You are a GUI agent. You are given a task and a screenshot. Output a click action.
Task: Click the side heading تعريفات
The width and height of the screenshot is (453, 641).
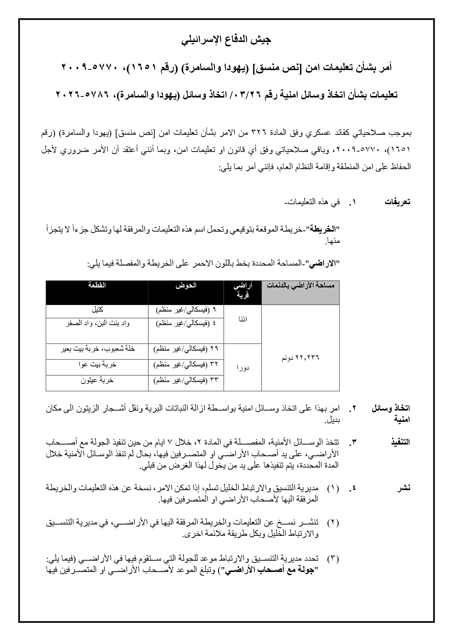tap(397, 202)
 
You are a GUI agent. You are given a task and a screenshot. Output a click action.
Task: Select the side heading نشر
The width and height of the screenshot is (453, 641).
tap(404, 488)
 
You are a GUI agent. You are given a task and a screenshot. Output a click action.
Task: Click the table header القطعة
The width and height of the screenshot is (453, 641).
tap(97, 285)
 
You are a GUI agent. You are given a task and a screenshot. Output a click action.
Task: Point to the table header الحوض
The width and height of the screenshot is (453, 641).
tap(186, 285)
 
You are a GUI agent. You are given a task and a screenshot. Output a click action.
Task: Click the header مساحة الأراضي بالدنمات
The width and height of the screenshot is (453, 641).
tap(300, 286)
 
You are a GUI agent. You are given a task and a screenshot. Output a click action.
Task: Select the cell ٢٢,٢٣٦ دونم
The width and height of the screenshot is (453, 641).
tap(300, 358)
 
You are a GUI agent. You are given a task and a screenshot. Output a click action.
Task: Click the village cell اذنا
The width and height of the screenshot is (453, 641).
tap(242, 319)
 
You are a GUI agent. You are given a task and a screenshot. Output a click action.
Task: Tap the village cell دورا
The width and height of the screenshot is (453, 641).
tap(242, 367)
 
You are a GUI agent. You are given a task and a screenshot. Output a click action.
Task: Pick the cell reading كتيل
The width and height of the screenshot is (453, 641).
tap(97, 310)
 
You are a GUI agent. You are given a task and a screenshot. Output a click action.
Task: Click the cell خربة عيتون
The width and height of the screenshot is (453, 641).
tap(97, 380)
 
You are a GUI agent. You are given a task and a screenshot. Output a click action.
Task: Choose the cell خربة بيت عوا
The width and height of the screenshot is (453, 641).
tap(97, 364)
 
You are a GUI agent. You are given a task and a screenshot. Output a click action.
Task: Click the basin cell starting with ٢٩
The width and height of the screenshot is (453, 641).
tap(186, 349)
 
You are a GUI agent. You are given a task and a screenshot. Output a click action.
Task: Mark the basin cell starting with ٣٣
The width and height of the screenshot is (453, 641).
tap(186, 380)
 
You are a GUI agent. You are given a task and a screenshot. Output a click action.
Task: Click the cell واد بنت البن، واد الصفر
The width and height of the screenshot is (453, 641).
tap(97, 323)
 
